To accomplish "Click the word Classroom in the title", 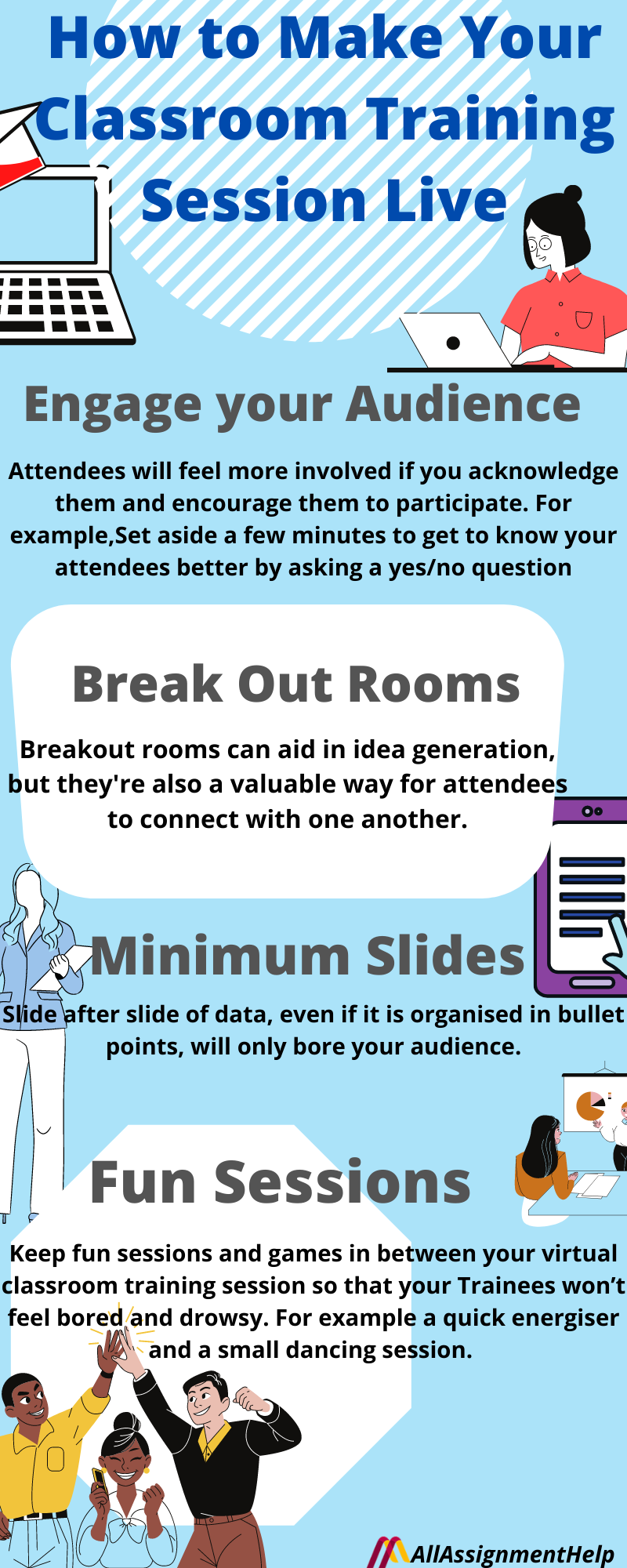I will coord(191,120).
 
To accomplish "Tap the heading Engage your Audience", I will coord(303,405).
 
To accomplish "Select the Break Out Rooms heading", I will coord(295,684).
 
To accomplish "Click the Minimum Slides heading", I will coord(307,956).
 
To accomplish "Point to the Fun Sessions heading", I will coord(280,1182).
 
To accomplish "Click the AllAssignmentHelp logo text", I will coord(512,1553).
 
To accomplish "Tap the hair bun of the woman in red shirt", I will coord(573,194).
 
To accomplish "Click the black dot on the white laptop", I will coord(453,343).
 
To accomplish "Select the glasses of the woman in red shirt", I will coord(540,244).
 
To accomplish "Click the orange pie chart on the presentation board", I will coord(589,1105).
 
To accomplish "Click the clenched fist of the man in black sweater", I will coord(248,1397).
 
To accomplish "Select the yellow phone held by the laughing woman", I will coord(100,1480).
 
